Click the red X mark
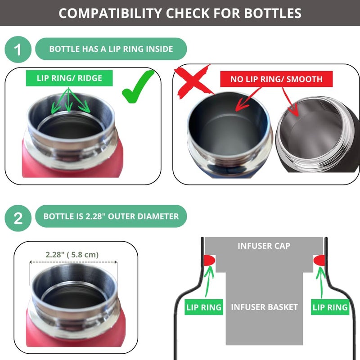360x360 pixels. pos(193,81)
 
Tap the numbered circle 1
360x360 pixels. pos(18,49)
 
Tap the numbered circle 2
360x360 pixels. pos(18,218)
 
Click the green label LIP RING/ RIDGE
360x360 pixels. pos(69,78)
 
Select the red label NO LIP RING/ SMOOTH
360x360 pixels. pos(276,79)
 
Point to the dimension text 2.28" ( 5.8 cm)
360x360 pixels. pos(72,255)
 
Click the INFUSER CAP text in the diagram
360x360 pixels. pos(264,246)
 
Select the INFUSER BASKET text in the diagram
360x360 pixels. pos(265,307)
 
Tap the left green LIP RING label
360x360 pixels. pos(204,307)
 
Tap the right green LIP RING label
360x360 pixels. pos(330,307)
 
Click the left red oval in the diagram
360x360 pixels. pos(209,261)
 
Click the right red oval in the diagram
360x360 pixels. pos(319,261)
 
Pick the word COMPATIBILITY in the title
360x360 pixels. pos(110,13)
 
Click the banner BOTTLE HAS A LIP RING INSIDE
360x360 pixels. pos(111,49)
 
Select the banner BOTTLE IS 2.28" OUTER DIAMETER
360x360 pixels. pos(111,216)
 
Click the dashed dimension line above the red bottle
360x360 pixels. pos(73,262)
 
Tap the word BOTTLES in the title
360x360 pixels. pos(273,13)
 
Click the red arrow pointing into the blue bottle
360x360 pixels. pos(248,99)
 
